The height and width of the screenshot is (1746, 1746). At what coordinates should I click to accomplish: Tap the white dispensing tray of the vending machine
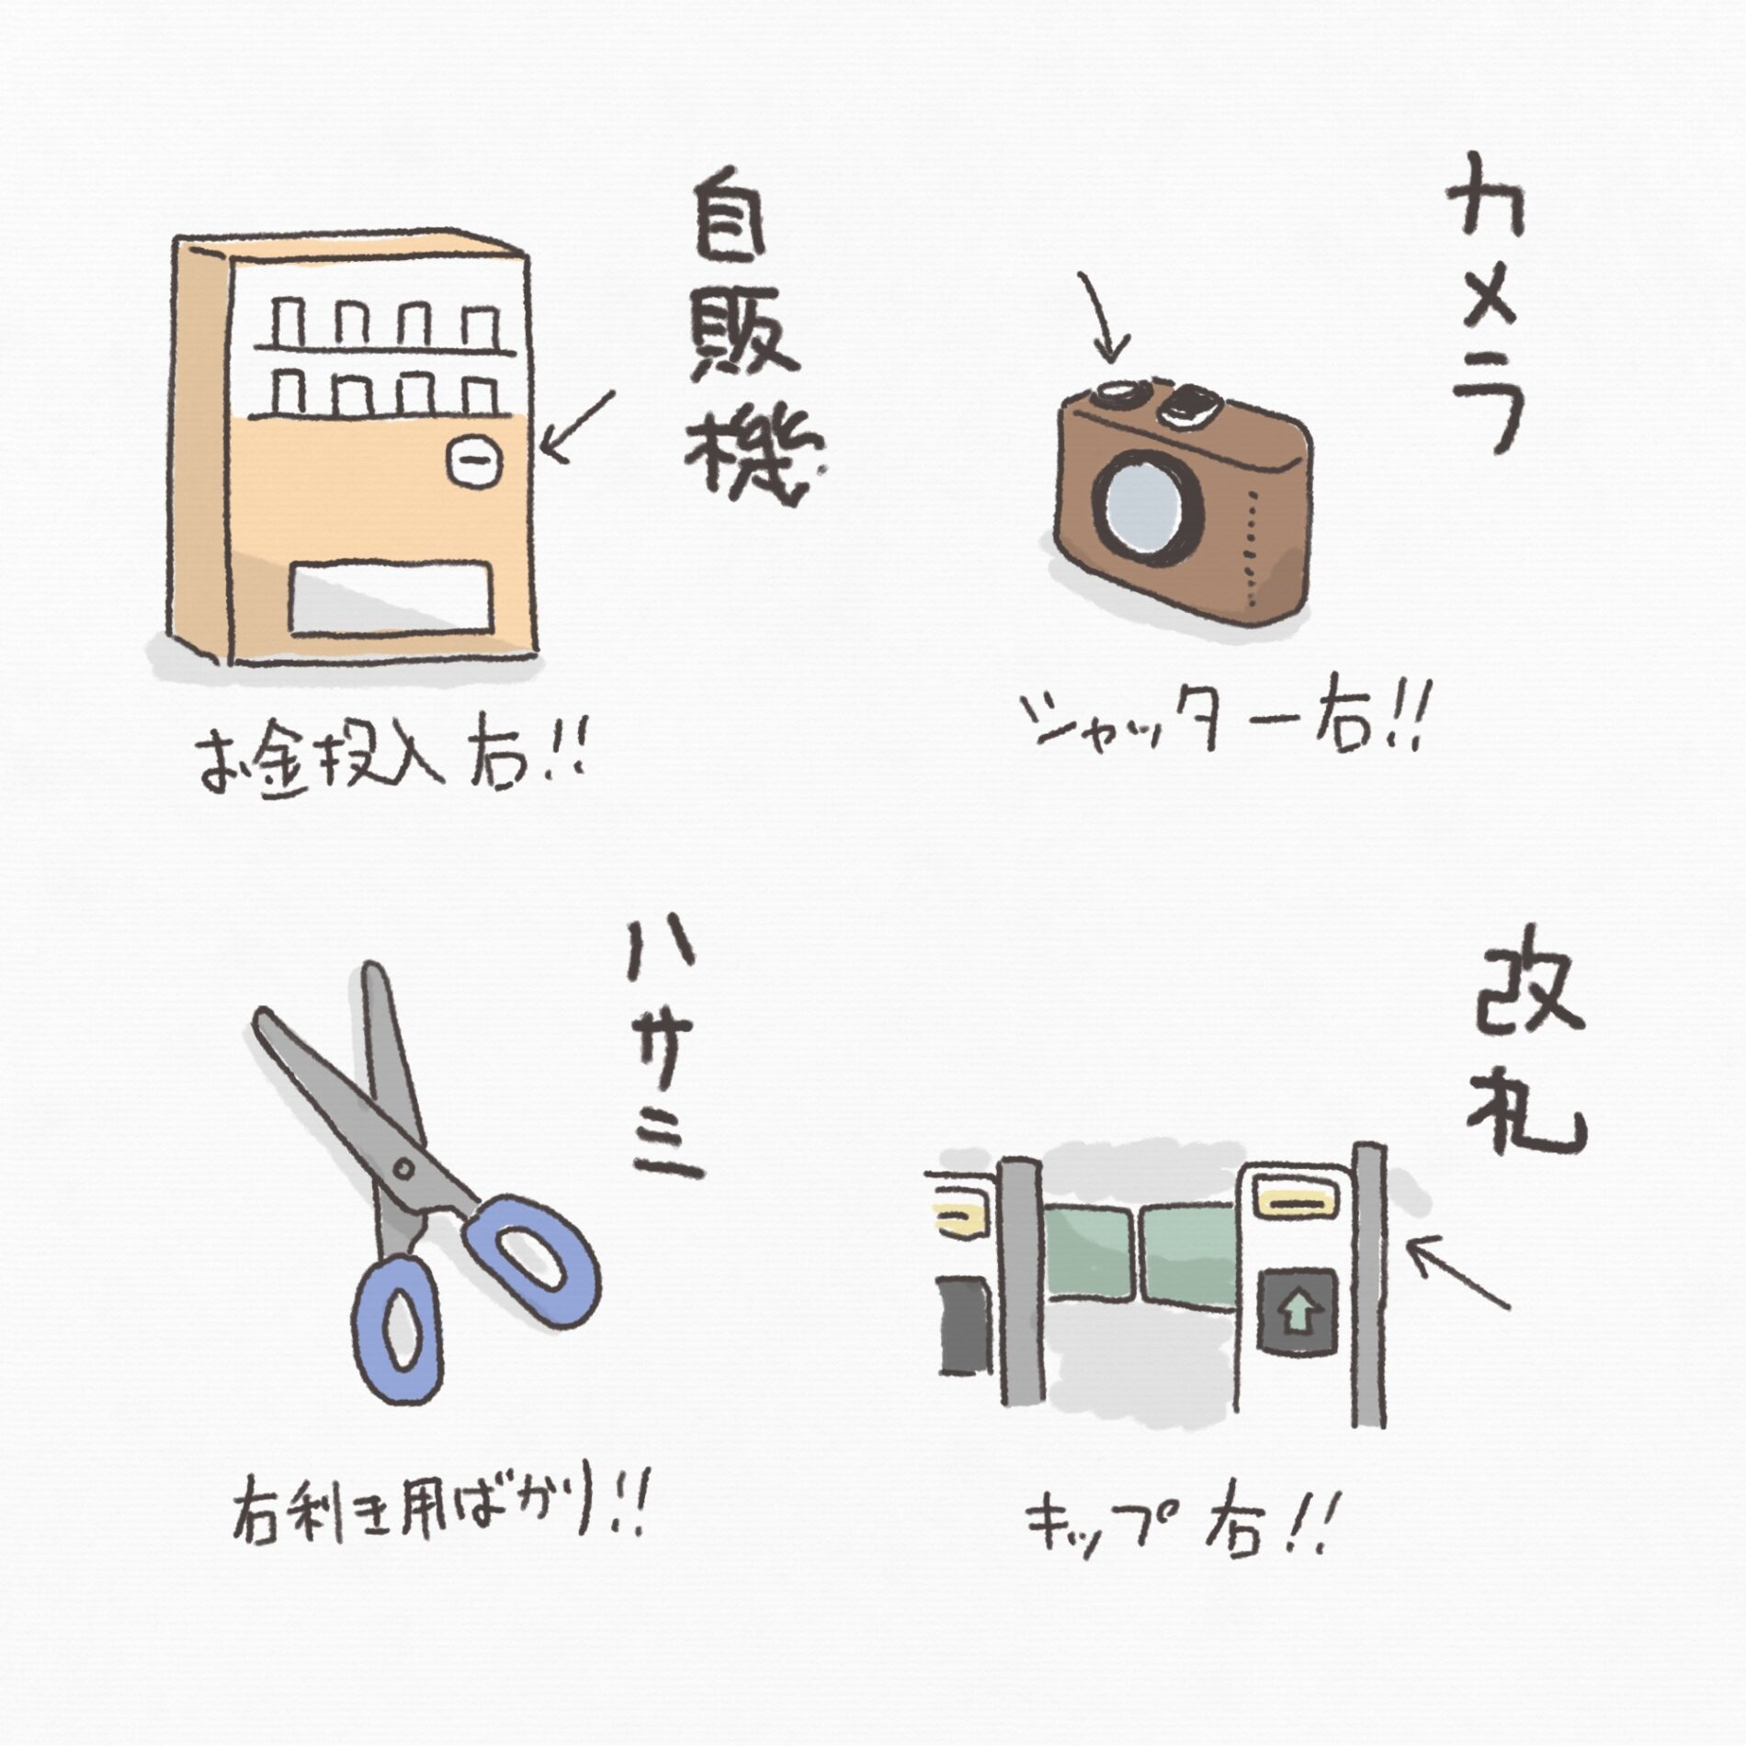tap(389, 598)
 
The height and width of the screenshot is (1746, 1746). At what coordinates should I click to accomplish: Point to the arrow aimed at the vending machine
tap(576, 424)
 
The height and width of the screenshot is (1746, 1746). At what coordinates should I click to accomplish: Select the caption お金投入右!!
tap(391, 763)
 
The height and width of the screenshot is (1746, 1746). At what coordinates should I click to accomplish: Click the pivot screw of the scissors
tap(402, 1168)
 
